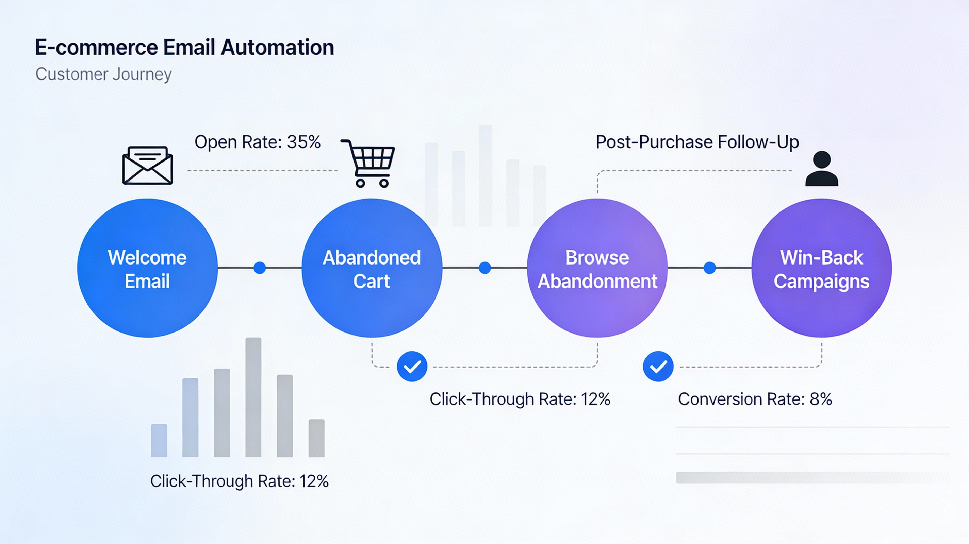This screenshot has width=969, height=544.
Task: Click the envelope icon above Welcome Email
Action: point(147,166)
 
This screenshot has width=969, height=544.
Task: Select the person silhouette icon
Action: point(822,169)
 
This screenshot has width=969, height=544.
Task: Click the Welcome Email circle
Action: point(147,268)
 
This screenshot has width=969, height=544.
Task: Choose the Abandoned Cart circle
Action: point(372,268)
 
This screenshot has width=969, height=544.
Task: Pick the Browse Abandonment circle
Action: point(597,268)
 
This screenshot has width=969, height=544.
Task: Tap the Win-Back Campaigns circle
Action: point(822,268)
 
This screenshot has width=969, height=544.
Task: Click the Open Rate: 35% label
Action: point(257,142)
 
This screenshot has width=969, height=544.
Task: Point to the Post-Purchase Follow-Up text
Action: point(697,142)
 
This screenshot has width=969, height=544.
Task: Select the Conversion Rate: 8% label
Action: point(755,399)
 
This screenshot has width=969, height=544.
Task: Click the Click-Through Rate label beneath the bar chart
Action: point(239,481)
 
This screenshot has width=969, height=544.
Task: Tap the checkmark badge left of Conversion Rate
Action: point(658,367)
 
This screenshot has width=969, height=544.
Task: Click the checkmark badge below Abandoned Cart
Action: point(412,367)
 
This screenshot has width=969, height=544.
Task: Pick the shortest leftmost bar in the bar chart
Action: point(159,440)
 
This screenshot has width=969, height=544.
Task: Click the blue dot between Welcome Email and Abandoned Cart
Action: point(260,268)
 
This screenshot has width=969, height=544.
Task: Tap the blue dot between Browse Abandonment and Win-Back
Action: point(709,268)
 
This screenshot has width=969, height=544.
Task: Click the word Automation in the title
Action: point(277,47)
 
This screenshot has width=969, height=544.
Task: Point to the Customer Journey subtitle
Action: point(103,74)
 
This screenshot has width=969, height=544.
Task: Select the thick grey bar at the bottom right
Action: point(809,477)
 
